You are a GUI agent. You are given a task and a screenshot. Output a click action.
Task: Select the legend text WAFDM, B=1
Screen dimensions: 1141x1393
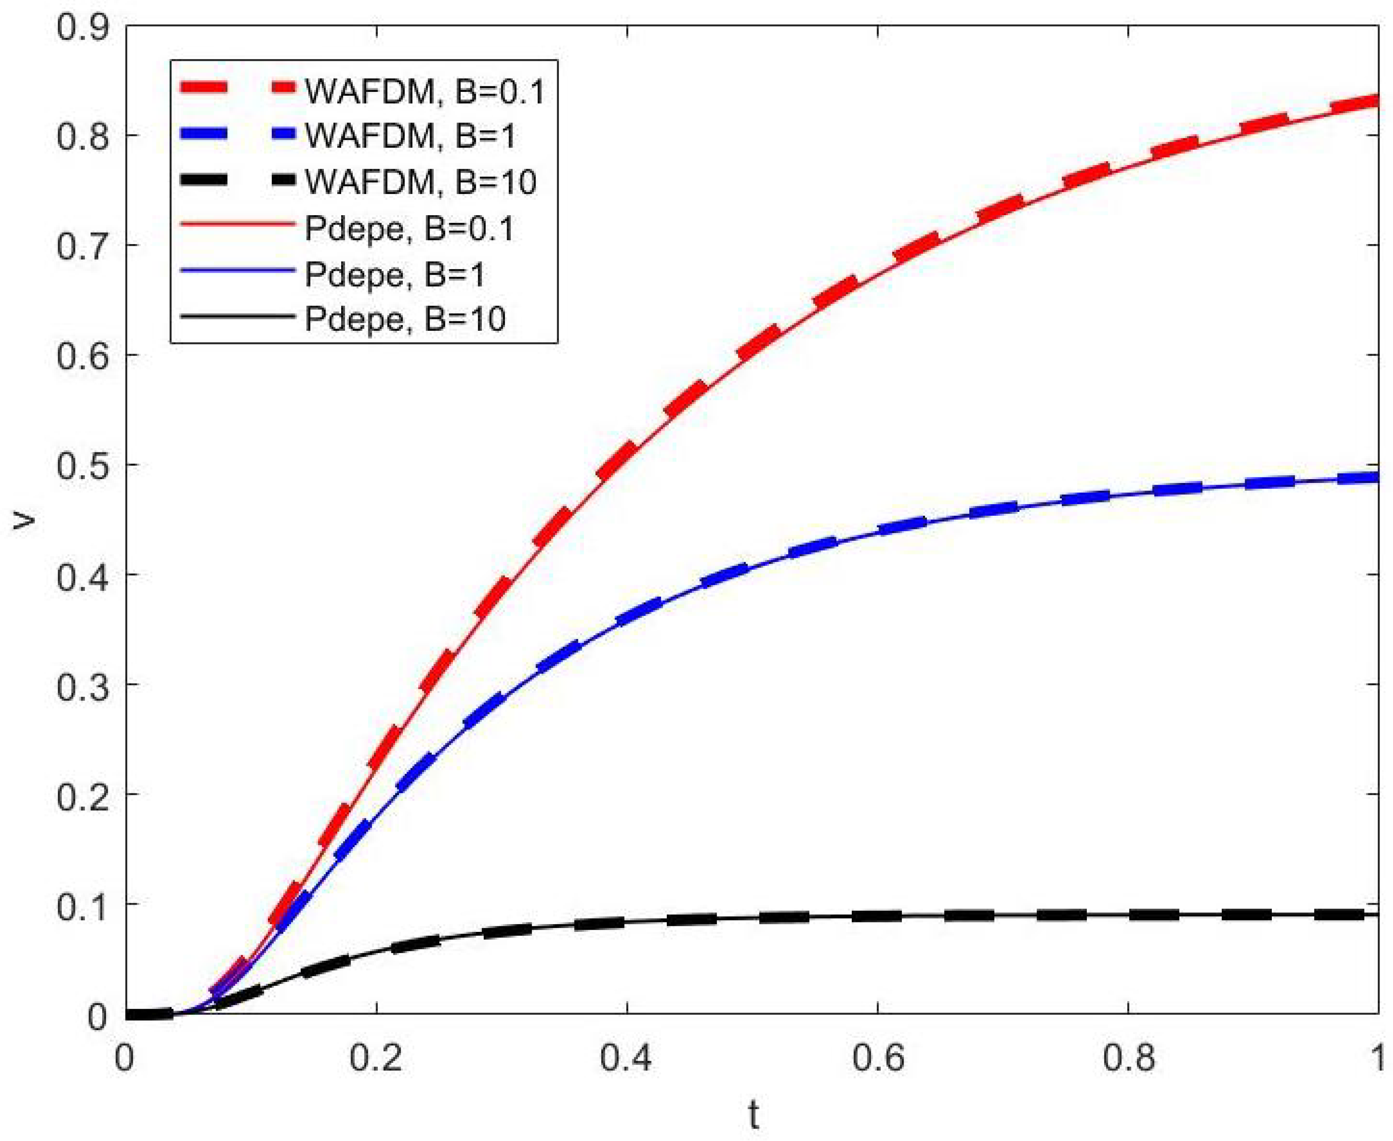[x=411, y=135]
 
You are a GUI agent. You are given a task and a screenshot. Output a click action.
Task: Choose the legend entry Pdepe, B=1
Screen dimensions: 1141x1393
[x=395, y=275]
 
